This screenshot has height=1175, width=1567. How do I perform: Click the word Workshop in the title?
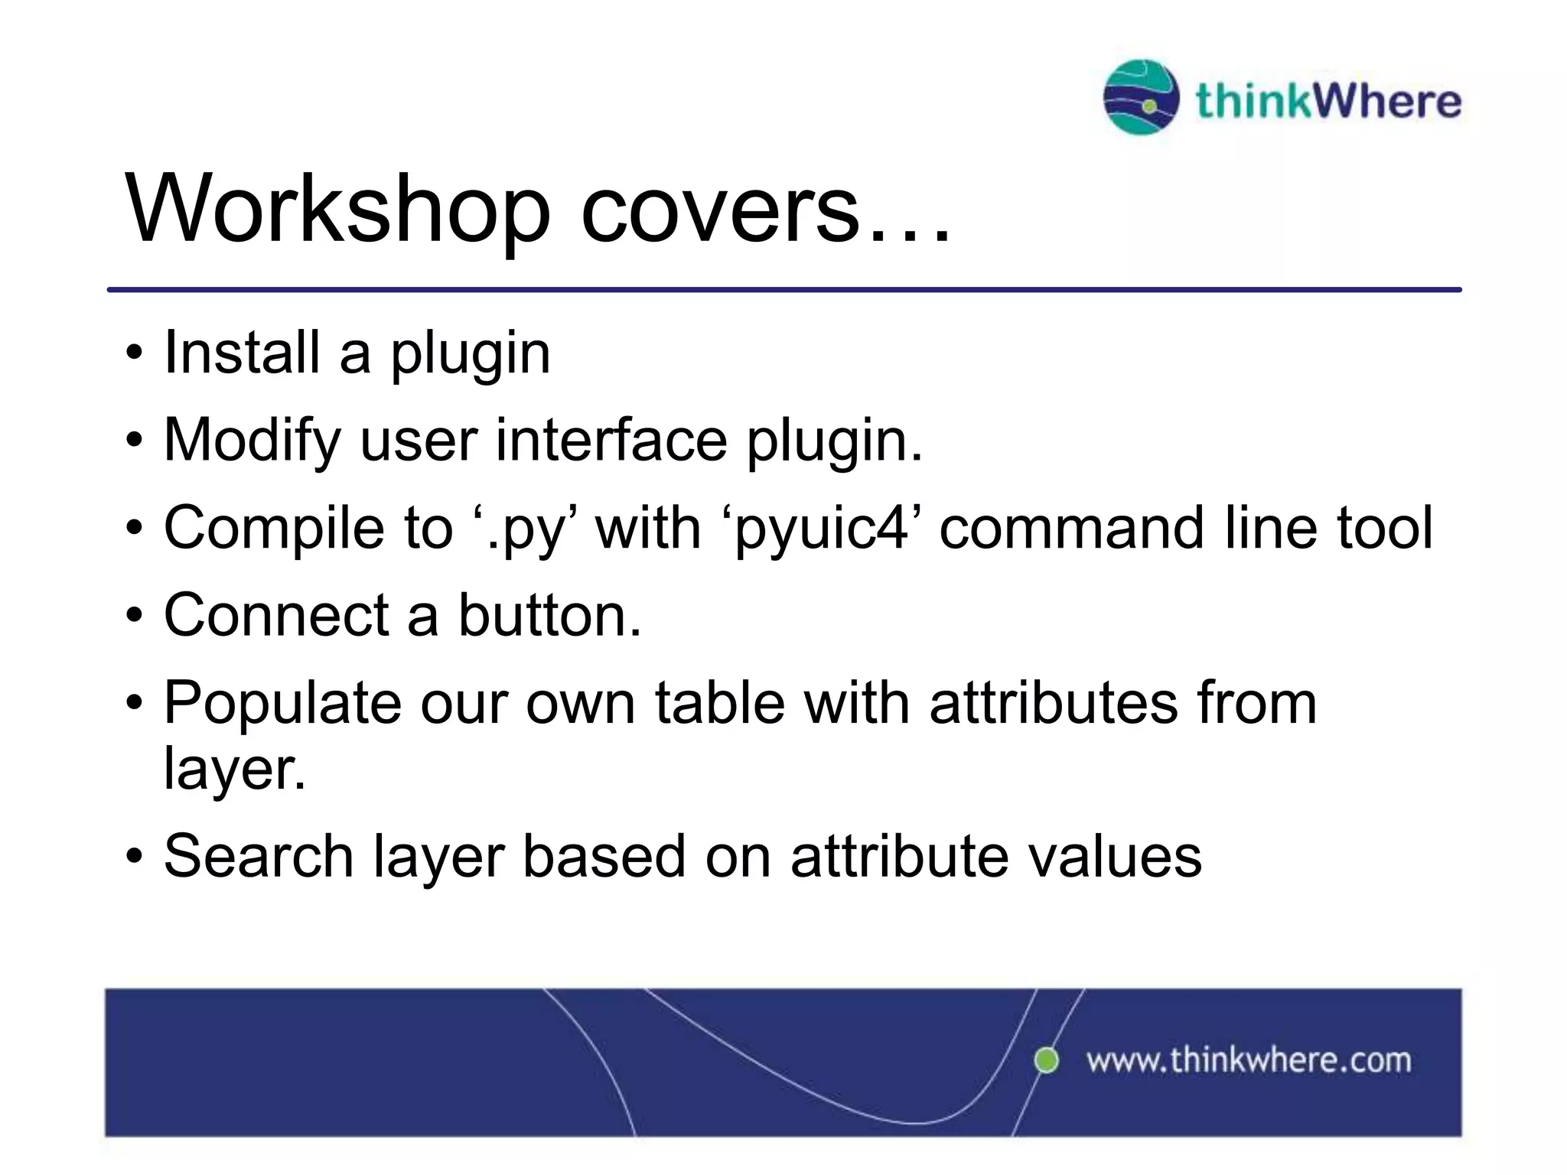pyautogui.click(x=337, y=208)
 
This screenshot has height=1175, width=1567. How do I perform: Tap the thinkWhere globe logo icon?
pyautogui.click(x=1140, y=97)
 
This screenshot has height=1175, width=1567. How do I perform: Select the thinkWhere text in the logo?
pyautogui.click(x=1328, y=101)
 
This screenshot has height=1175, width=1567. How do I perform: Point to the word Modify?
pyautogui.click(x=252, y=441)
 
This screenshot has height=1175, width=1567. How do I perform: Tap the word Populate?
pyautogui.click(x=282, y=703)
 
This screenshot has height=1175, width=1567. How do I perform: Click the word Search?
pyautogui.click(x=259, y=856)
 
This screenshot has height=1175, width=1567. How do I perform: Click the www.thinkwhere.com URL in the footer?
pyautogui.click(x=1248, y=1061)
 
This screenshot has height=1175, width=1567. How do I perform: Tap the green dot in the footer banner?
pyautogui.click(x=1046, y=1060)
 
